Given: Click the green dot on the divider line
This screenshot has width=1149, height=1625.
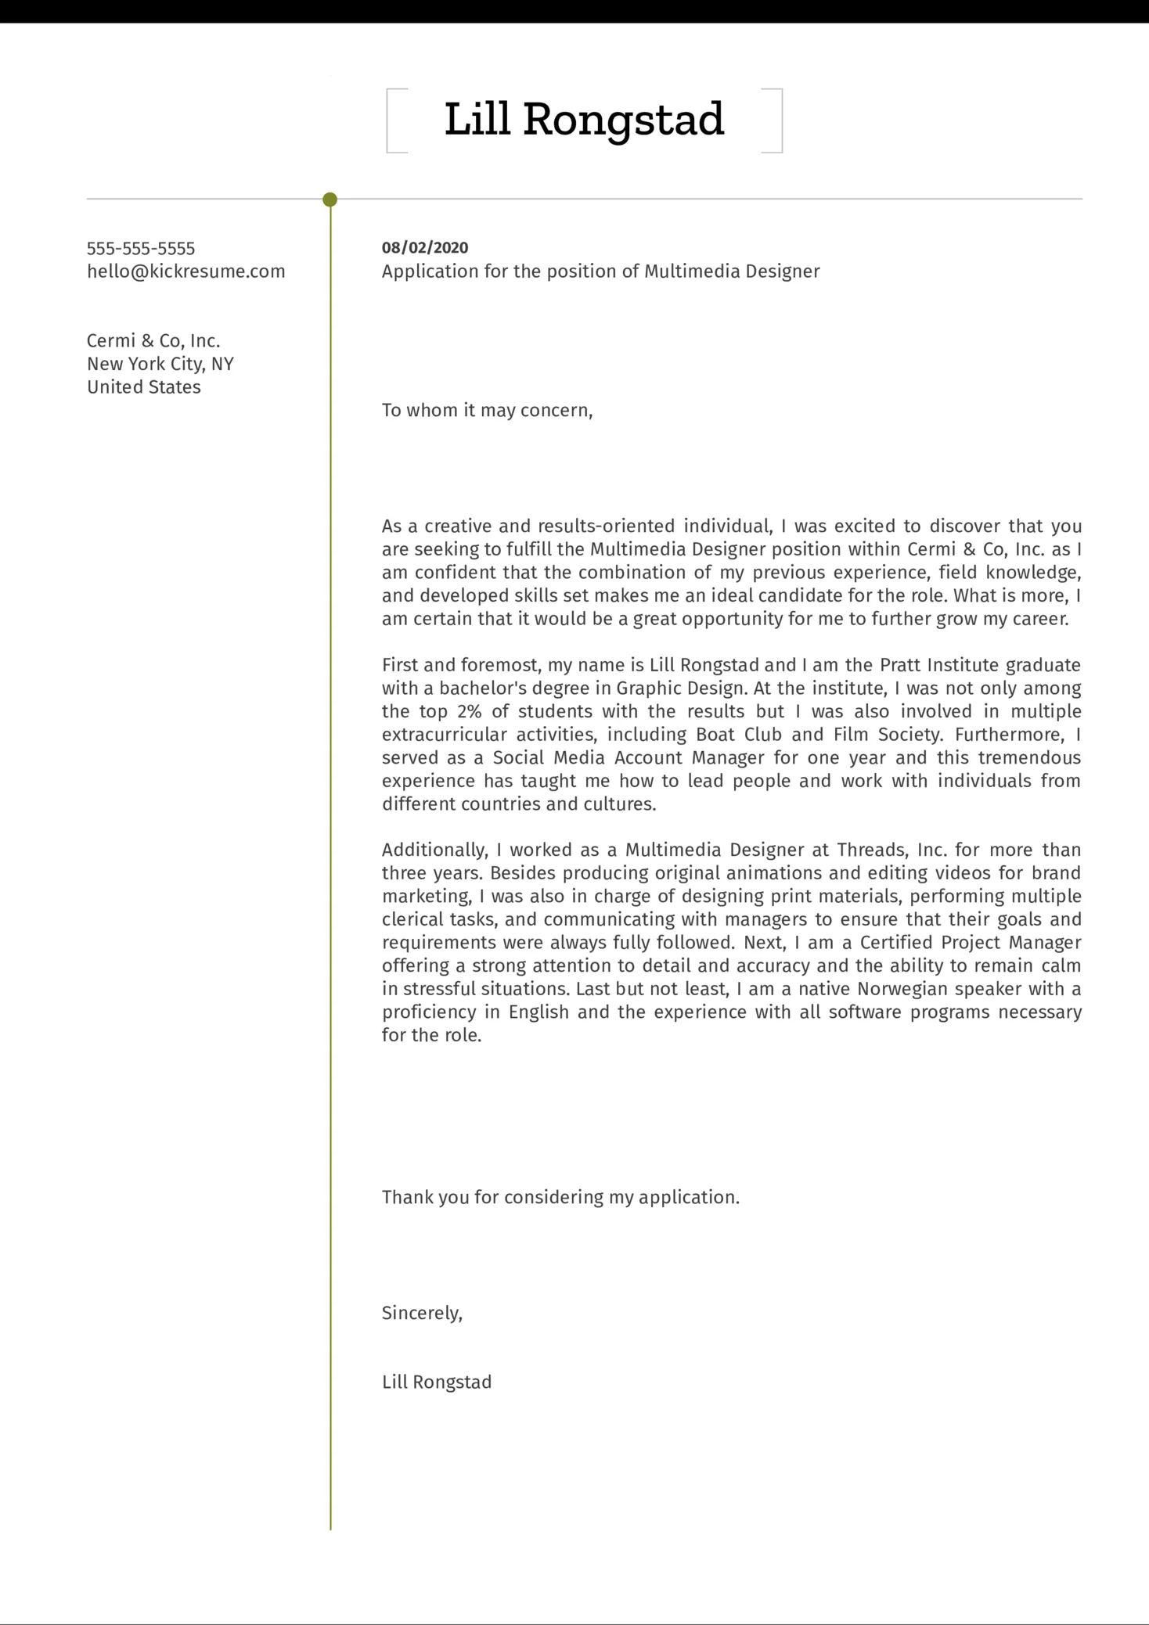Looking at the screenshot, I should (x=330, y=200).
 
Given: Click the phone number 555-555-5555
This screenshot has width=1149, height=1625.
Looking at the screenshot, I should (x=141, y=249).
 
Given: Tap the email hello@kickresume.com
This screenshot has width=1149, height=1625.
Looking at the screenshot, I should (x=185, y=271).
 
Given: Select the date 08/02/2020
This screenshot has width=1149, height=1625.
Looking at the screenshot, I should (x=425, y=248).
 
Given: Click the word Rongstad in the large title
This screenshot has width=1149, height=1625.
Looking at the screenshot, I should (x=623, y=120).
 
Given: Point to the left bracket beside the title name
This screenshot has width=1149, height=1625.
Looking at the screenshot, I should (x=391, y=120).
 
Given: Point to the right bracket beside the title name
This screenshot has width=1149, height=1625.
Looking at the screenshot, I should (x=777, y=120).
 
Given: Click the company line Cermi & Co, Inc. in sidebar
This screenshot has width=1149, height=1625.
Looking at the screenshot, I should (x=153, y=341).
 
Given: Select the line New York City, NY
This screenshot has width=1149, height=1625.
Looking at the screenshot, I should (x=160, y=364).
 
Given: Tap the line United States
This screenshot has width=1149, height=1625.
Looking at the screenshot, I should (x=144, y=387).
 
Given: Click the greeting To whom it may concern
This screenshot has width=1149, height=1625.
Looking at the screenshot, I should (x=487, y=411).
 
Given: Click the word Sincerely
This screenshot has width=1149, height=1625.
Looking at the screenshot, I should (x=421, y=1314).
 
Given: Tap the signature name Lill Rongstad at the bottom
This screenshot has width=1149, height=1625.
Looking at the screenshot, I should (x=437, y=1382).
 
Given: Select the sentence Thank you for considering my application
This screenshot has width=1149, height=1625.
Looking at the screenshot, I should (x=560, y=1198).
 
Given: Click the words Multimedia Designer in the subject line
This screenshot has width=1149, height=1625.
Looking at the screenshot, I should (x=732, y=271).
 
